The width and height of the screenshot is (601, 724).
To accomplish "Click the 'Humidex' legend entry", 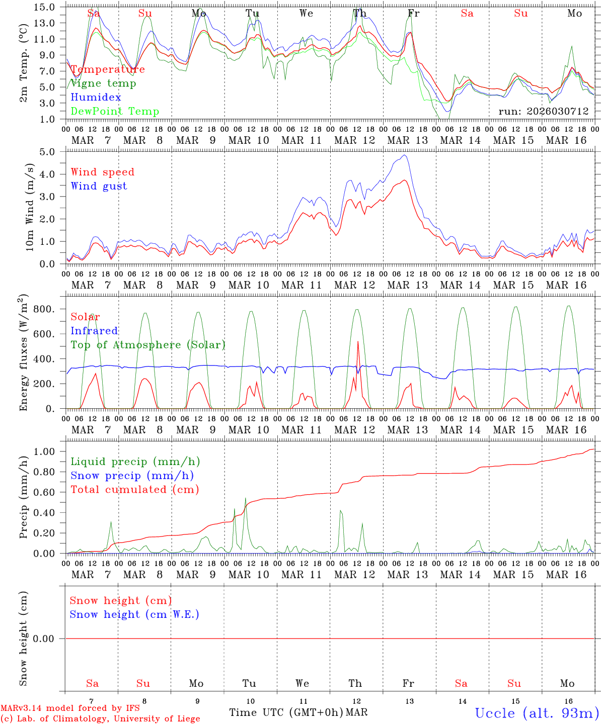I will pos(96,98).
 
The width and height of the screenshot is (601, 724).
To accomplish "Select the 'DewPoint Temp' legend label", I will pos(115,112).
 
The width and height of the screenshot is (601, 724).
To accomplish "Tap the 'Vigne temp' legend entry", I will pos(103,83).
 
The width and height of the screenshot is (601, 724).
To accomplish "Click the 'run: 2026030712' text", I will pos(543,112).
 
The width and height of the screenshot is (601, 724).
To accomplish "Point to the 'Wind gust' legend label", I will pos(99,186).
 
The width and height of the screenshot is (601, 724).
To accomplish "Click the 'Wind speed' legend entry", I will pos(103,172).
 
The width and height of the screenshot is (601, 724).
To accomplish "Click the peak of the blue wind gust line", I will pos(405,155).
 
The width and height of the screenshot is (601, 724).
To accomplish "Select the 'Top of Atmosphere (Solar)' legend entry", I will pos(147,345).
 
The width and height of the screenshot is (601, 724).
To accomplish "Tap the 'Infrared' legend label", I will pos(94,331).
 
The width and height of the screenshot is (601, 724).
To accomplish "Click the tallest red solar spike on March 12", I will pos(358,342).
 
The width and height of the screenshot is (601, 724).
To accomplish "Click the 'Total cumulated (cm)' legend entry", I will pos(134,490).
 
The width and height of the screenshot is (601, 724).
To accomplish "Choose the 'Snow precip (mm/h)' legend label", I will pos(132,476).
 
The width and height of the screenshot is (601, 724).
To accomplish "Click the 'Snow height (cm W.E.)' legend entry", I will pos(134,614).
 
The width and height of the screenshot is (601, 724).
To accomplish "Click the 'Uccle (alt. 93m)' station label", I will pos(537,713).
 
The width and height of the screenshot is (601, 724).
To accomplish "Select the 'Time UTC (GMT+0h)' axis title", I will pos(286,712).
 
